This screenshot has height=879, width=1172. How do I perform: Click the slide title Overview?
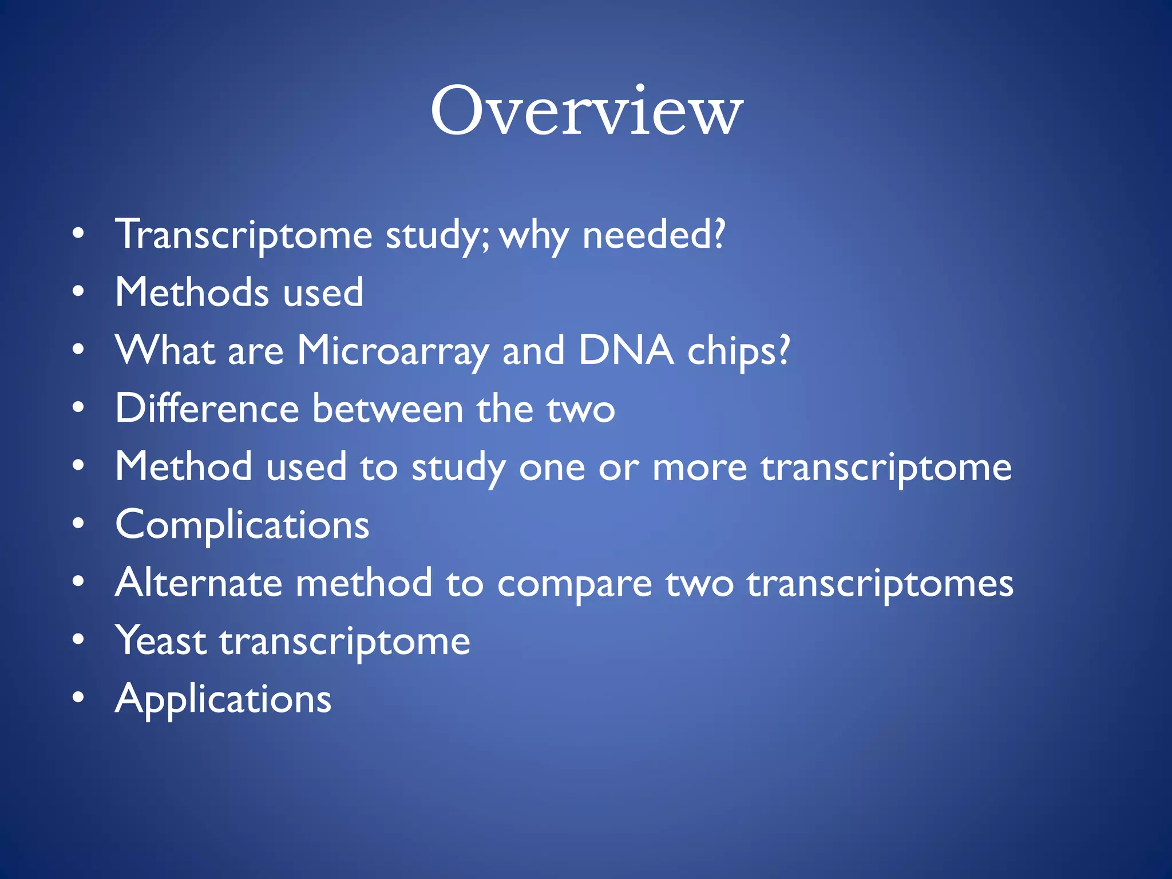[x=586, y=112]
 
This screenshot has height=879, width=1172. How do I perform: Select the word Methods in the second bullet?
[x=192, y=292]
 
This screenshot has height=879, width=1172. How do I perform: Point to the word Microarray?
[x=393, y=351]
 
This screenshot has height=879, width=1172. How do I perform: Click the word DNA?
[x=625, y=350]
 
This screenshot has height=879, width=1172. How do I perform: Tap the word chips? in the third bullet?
[x=738, y=351]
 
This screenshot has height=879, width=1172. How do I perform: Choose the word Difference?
[x=207, y=409]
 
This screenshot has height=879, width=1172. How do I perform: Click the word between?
[x=387, y=409]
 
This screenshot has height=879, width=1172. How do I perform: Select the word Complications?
[x=242, y=525]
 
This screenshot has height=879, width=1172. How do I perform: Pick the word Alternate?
[x=199, y=583]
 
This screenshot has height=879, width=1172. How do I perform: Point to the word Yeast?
[x=161, y=641]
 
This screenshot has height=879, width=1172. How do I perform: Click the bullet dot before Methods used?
[x=78, y=291]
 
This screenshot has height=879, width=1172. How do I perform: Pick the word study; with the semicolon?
[x=437, y=235]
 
